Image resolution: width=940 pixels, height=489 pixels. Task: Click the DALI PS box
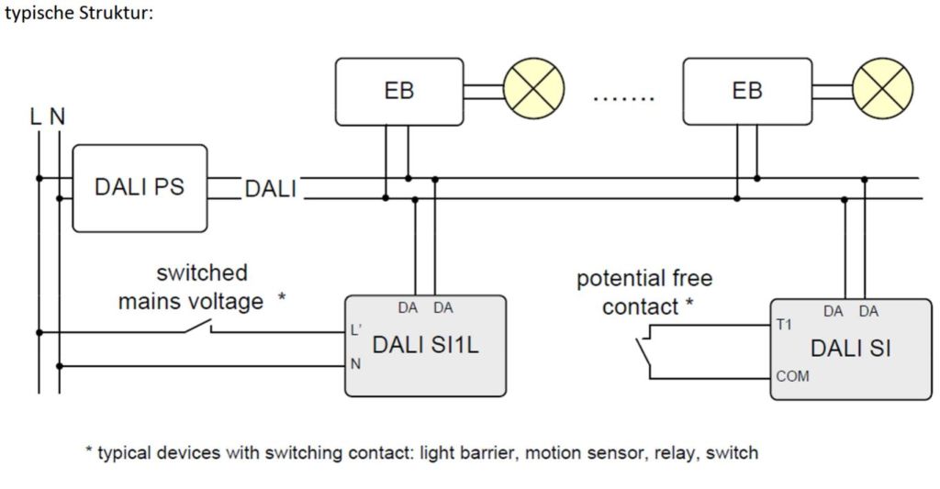(x=140, y=187)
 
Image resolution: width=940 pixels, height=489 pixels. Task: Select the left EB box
(x=398, y=91)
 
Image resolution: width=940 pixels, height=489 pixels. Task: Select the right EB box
(x=747, y=91)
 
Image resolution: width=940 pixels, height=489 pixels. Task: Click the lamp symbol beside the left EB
(x=534, y=92)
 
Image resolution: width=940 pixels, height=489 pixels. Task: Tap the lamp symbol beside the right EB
(x=882, y=92)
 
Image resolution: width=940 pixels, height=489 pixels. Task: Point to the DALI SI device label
(x=850, y=349)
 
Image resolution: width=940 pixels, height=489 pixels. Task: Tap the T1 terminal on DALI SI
(x=783, y=324)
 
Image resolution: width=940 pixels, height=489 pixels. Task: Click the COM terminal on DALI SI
(x=792, y=376)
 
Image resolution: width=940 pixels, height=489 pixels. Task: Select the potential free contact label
(x=643, y=292)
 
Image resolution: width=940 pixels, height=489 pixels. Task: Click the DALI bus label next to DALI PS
(x=270, y=189)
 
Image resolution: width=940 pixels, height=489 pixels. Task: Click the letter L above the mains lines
(x=35, y=117)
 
